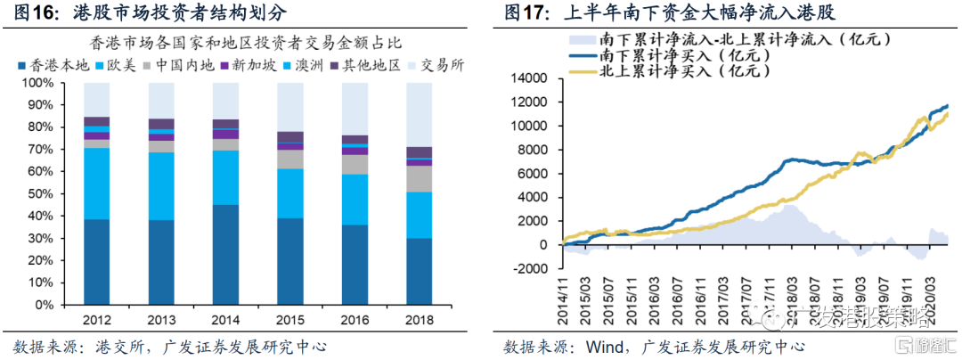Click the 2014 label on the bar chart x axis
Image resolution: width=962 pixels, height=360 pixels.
(x=225, y=319)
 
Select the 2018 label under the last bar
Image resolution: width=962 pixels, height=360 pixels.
(x=420, y=319)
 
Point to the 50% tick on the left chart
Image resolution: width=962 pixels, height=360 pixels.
(x=38, y=193)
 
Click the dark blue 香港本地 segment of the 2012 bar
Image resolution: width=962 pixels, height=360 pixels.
(x=96, y=262)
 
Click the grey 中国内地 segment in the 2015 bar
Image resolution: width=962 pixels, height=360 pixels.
(x=290, y=159)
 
